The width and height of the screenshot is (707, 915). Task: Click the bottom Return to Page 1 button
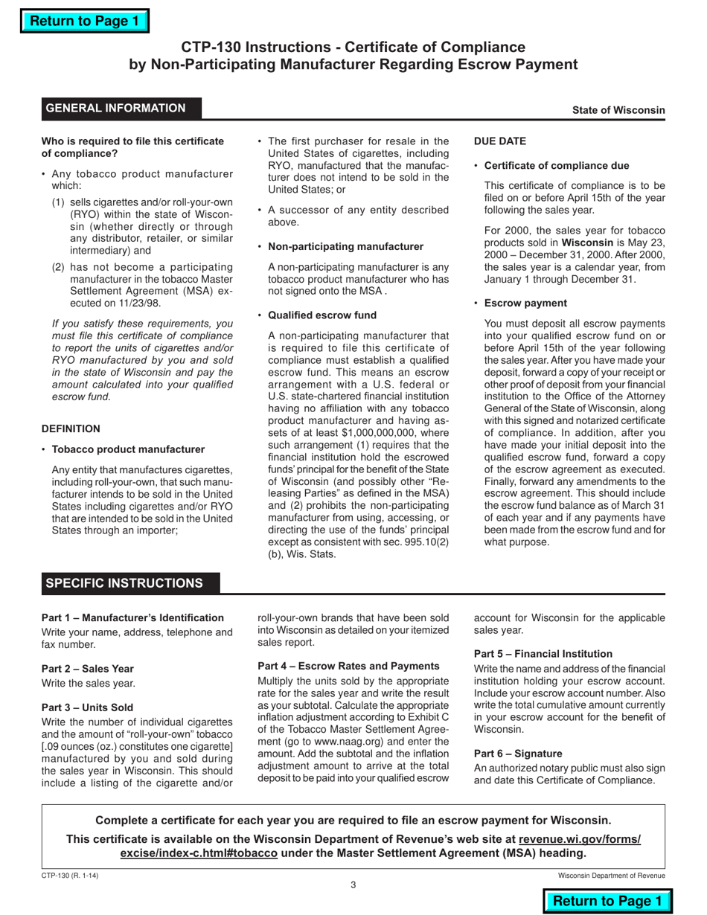point(607,901)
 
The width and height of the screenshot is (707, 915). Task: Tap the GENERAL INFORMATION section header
point(116,109)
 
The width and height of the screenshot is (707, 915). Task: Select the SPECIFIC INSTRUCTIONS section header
point(124,583)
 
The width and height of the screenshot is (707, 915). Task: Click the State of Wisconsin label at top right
point(618,110)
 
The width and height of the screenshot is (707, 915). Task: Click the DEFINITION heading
point(71,428)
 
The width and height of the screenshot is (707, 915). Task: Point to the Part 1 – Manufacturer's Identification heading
point(132,617)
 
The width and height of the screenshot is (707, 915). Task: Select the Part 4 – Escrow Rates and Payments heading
point(348,666)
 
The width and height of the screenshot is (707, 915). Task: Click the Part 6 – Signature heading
point(518,754)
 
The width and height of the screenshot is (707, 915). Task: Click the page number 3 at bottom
point(353,884)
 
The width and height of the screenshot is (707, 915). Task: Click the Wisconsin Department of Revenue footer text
point(612,876)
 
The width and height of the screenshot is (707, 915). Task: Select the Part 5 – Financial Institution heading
point(543,653)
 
